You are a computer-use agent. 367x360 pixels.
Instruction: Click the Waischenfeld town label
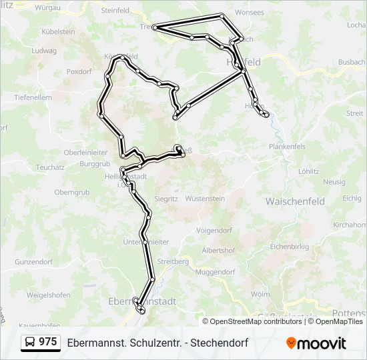(x=295, y=201)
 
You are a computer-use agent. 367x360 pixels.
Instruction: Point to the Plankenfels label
(x=287, y=147)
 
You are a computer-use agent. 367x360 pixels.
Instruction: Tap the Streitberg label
(x=172, y=261)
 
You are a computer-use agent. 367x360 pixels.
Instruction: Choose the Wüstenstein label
(x=205, y=199)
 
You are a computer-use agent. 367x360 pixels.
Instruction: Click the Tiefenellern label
(x=33, y=97)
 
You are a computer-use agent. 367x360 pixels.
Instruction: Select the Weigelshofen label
(x=49, y=294)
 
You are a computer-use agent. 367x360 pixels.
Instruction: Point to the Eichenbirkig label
(x=290, y=247)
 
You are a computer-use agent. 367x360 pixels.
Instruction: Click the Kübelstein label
(x=58, y=32)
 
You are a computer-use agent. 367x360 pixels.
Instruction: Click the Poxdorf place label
(x=78, y=71)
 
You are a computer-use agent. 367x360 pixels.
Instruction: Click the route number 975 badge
(x=47, y=342)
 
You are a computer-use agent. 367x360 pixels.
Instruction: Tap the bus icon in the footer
(x=30, y=343)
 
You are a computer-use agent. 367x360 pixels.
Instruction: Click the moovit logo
(x=316, y=343)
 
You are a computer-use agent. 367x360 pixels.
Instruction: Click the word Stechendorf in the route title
(x=222, y=343)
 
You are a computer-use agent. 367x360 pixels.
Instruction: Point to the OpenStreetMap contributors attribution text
(x=256, y=321)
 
